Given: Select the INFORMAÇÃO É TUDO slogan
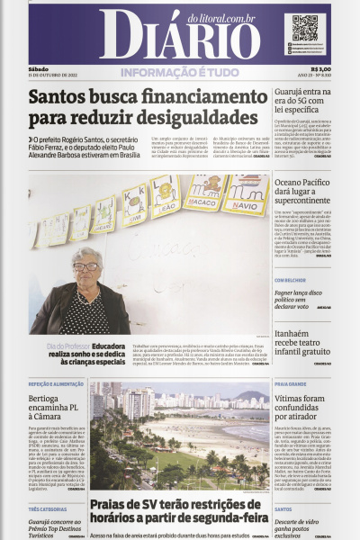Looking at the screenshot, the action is point(180,72).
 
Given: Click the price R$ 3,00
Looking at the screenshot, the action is point(320,68).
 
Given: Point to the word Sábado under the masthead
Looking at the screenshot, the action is point(38,68).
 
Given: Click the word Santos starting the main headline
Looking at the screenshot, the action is point(59,96).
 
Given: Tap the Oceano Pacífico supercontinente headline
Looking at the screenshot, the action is point(302,192).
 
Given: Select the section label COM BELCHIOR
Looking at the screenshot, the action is point(291,280).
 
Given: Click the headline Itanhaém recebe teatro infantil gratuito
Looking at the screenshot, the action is point(302,343).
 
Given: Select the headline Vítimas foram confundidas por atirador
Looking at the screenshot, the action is point(302,410).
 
